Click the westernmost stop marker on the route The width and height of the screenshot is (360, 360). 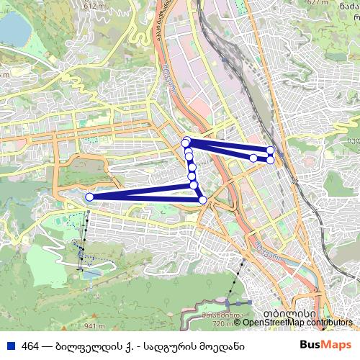click(89, 197)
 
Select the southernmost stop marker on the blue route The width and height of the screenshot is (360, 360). click(202, 199)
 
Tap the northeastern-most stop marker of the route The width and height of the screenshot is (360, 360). click(271, 150)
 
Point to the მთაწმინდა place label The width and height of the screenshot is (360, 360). click(220, 315)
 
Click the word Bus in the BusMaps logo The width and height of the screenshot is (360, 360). click(311, 346)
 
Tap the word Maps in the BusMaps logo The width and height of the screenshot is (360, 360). click(336, 346)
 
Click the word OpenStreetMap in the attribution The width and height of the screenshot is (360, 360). click(274, 323)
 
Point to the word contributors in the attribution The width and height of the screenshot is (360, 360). click(330, 323)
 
